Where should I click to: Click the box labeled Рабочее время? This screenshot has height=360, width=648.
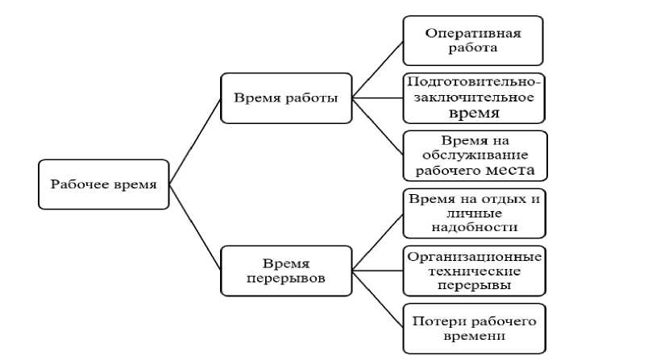(x=104, y=184)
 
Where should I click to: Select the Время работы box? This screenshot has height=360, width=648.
(x=286, y=98)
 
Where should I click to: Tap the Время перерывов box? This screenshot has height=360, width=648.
(x=286, y=271)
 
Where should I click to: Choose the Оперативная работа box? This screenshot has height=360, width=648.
(x=474, y=40)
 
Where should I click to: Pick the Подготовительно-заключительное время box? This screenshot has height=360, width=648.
(x=474, y=97)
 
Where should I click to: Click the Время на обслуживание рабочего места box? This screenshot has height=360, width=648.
(x=474, y=155)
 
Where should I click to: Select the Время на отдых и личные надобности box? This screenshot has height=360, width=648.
(x=474, y=213)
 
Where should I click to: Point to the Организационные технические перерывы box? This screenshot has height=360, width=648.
(x=474, y=271)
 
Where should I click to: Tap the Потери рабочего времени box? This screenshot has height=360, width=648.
(x=474, y=328)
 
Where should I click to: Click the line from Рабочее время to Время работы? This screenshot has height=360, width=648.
(x=196, y=140)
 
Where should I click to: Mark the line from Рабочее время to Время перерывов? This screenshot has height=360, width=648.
(x=196, y=228)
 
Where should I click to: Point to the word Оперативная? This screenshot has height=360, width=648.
(x=474, y=33)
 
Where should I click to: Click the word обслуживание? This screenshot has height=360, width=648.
(x=474, y=155)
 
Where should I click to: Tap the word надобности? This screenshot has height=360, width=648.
(x=474, y=227)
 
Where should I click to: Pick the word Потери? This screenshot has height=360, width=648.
(x=436, y=321)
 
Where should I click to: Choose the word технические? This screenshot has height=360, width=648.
(x=474, y=271)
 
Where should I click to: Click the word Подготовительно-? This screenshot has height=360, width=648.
(x=474, y=82)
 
